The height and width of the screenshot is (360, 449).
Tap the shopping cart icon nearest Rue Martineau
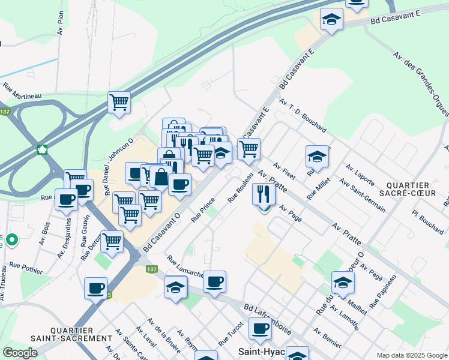pos(119,102)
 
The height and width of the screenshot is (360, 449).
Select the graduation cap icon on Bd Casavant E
pos(331,19)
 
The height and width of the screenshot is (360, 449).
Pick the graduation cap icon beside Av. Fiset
pos(317,157)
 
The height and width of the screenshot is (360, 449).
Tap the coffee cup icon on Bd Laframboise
pos(261,329)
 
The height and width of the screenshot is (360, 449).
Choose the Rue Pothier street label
pos(26,268)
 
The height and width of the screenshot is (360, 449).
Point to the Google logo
pos(20,353)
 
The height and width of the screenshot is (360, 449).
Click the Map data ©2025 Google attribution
pos(411,355)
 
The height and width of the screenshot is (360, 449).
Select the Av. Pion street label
pos(60,23)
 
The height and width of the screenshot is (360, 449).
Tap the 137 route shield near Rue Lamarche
pos(152,269)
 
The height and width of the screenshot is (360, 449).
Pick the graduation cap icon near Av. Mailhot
pos(343,282)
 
